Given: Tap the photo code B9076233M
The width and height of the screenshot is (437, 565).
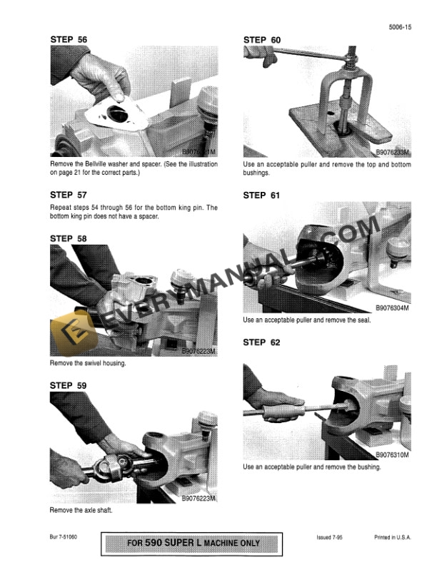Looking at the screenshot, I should coord(392,152).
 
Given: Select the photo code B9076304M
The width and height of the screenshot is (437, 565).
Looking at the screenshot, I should coord(392,308).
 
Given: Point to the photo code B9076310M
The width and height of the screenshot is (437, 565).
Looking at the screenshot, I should coord(392,454).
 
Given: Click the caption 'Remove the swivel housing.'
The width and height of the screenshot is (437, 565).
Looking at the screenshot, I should coord(88,363).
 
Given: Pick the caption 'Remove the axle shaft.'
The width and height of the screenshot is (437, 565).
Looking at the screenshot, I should coord(82,511).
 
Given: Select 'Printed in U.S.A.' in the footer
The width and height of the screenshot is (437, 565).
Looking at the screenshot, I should coord(392,537).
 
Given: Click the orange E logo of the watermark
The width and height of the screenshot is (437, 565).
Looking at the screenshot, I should coord(68,332).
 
